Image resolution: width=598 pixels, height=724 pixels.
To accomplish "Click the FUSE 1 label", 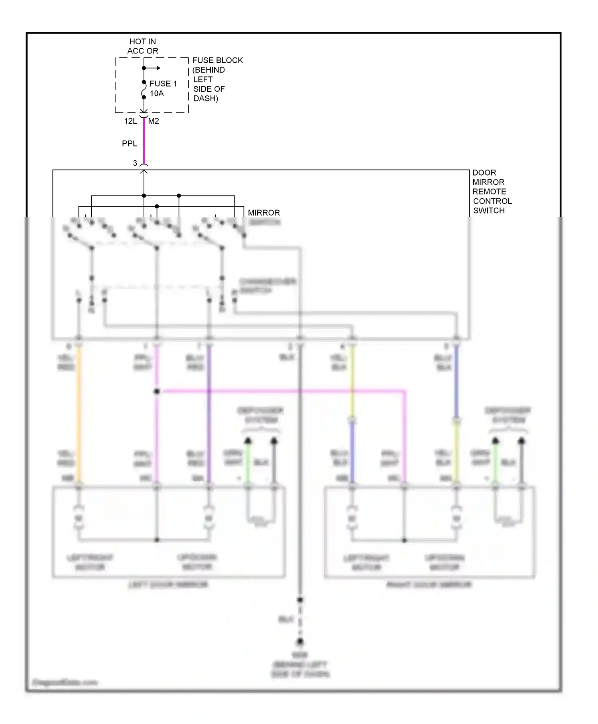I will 163,83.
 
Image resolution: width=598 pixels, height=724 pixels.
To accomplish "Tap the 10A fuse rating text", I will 157,93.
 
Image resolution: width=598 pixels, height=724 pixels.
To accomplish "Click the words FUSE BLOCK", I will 217,60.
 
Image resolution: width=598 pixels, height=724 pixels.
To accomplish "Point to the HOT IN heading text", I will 142,42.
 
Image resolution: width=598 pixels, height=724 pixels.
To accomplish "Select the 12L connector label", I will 130,121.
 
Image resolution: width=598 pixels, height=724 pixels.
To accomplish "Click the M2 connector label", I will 153,121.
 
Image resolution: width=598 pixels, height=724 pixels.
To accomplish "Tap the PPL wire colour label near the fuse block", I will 129,143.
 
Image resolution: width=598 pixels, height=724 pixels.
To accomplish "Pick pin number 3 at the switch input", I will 135,163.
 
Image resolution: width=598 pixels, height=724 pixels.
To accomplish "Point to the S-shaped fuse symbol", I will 144,90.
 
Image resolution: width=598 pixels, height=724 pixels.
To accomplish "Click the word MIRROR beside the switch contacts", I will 264,213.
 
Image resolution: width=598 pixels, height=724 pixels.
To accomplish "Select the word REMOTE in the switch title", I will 489,192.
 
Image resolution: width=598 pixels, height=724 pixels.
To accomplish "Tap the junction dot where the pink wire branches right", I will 157,392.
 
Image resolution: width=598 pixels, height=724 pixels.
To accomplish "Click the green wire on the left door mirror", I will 248,463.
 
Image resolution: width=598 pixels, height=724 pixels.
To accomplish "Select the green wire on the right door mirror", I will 496,463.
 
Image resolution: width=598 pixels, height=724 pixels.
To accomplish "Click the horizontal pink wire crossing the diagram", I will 279,392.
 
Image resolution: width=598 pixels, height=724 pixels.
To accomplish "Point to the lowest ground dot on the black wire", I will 300,641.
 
